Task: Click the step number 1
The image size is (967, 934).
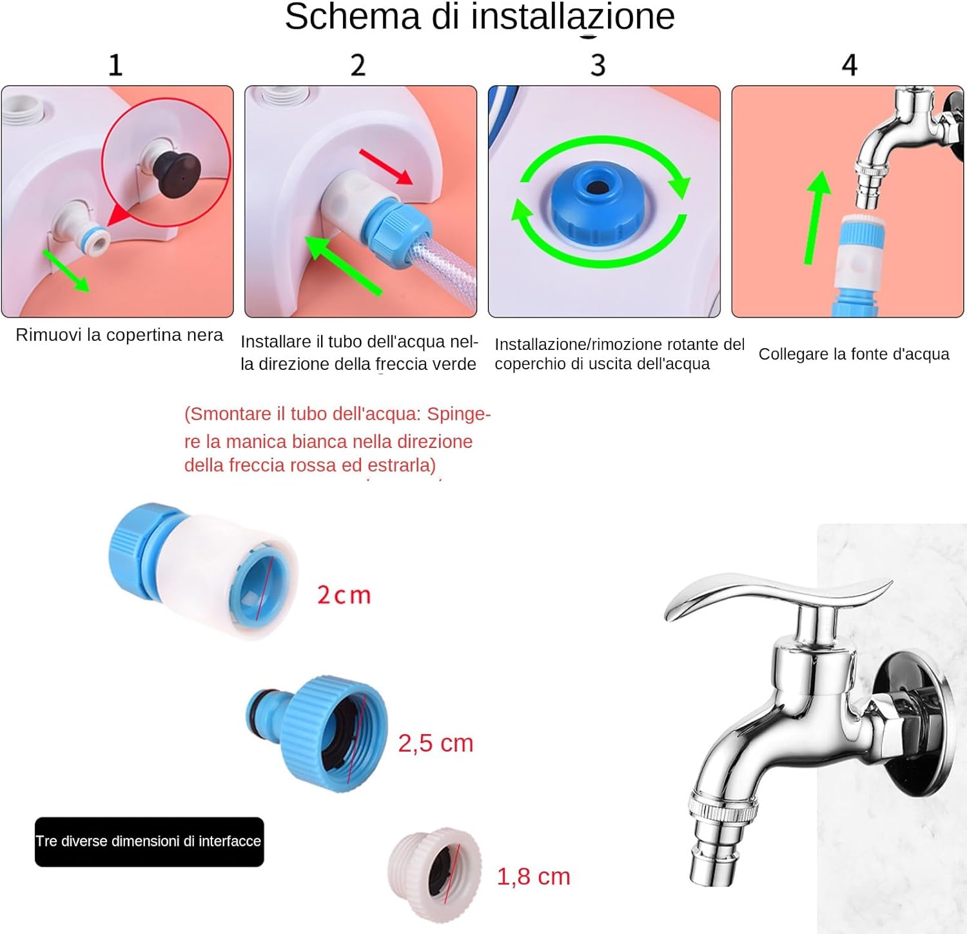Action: pos(115,65)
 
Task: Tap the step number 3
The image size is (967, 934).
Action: pos(598,65)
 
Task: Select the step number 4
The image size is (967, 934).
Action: pos(850,65)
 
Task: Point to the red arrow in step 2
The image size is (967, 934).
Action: pos(386,166)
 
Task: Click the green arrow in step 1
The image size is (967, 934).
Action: pos(66,270)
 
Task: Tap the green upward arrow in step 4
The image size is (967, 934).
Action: pos(816,217)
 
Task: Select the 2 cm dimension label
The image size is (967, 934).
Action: pos(344,595)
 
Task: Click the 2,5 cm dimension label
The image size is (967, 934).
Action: pos(436,743)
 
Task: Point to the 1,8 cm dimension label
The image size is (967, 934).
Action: pos(534,877)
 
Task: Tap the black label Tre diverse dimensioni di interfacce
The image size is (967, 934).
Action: pos(149,842)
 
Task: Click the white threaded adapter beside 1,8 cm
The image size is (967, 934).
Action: pos(435,875)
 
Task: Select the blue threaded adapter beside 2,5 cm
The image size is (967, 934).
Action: pos(317,733)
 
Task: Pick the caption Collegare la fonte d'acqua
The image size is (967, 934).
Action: pos(854,354)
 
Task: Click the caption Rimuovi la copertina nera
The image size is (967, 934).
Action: pos(119,335)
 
